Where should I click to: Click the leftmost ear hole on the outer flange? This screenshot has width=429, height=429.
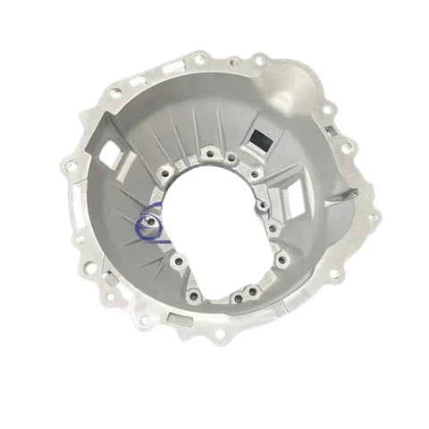(69, 164)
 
